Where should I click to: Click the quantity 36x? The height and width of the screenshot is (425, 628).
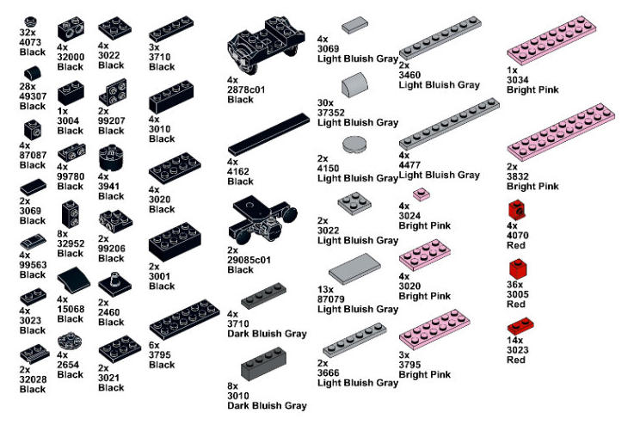[x=515, y=283]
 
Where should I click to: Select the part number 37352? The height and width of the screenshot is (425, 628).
[x=332, y=112]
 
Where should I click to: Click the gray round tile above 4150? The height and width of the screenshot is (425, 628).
[x=354, y=144]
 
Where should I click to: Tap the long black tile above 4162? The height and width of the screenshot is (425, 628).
[x=268, y=132]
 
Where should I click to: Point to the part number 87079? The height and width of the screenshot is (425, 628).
[x=332, y=298]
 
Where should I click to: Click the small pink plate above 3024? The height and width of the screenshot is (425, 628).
[x=421, y=194]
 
